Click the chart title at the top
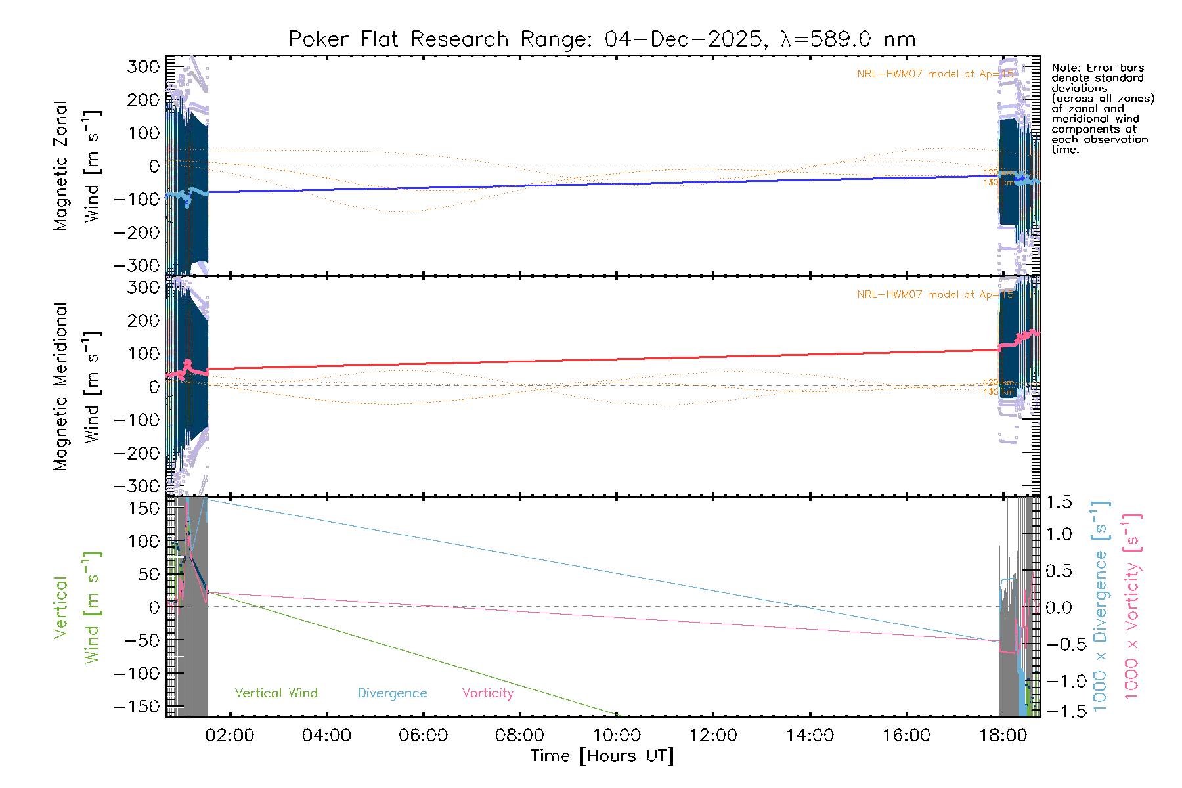click(602, 39)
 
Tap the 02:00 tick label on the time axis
click(229, 735)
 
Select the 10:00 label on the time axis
click(617, 735)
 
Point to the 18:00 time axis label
click(1003, 735)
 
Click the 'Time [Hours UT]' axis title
click(602, 756)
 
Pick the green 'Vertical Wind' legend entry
click(276, 693)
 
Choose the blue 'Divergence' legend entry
click(392, 693)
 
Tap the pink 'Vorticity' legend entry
click(487, 693)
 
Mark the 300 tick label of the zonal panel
click(144, 67)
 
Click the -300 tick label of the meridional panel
click(137, 486)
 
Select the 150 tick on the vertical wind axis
click(144, 508)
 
